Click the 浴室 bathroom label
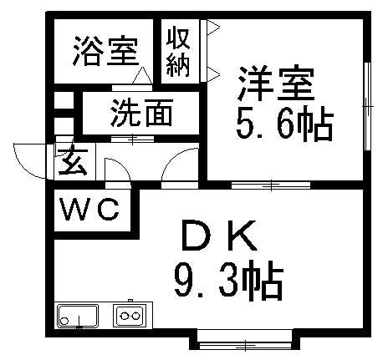pos(106,51)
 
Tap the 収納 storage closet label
pos(178,52)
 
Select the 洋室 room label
pos(276,83)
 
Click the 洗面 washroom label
pos(141,114)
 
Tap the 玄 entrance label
pos(74,160)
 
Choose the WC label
pos(90,210)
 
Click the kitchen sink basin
pos(78,317)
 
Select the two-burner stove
pos(130,316)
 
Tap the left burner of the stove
pos(124,316)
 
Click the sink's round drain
pos(64,321)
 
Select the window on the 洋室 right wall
pos(368,106)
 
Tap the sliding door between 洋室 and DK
pos(271,185)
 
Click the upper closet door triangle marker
pos(213,28)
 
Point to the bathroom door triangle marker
pos(142,75)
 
